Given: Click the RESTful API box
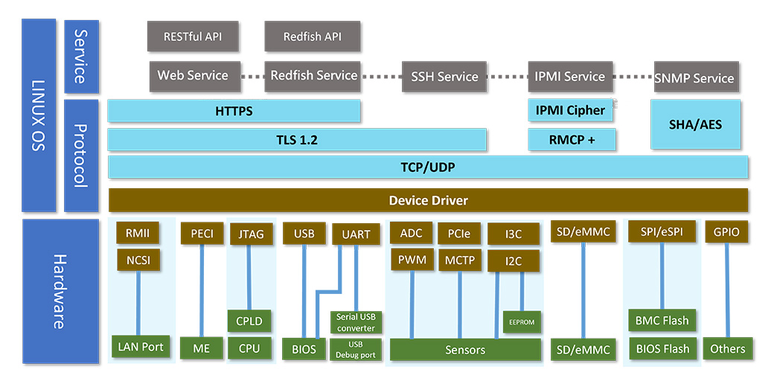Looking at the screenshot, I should (192, 36).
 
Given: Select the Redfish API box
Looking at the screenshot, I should (313, 36).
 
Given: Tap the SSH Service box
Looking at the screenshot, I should (444, 77).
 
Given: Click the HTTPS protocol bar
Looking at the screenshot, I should (234, 111).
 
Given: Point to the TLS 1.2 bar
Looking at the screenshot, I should (297, 139).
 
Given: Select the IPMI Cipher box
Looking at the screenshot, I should (571, 110).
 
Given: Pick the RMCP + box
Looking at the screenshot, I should (572, 139).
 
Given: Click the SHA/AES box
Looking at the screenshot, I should (696, 124).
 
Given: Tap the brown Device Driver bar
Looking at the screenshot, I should (428, 200).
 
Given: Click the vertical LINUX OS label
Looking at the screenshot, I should (39, 115).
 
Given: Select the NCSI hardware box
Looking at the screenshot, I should (138, 260).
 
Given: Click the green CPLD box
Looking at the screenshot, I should (249, 321).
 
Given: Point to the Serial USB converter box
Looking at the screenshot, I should (356, 322).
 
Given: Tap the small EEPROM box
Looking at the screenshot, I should (522, 322).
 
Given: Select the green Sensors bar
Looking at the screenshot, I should (465, 350).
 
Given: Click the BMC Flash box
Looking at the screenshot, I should (662, 321).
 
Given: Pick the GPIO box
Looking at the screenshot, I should (726, 232).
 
